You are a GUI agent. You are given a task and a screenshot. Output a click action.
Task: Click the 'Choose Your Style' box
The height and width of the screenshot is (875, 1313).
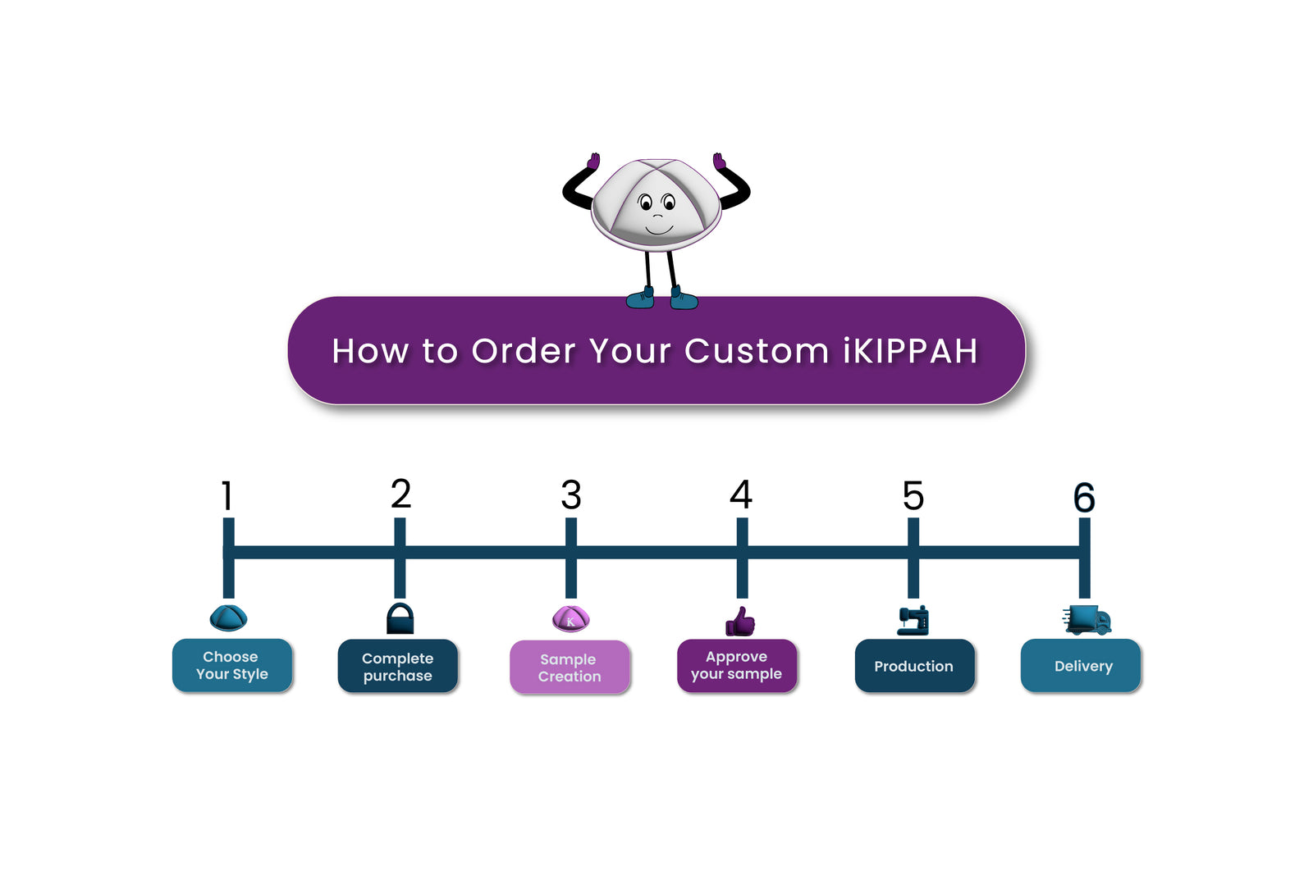point(232,665)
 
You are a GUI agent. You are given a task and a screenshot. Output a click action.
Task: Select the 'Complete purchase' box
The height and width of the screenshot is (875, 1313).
point(398,666)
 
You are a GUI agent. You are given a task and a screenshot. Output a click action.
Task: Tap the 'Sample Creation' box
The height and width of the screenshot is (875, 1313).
point(570,667)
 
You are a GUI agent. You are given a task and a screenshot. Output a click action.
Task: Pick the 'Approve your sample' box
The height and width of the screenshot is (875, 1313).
point(737,665)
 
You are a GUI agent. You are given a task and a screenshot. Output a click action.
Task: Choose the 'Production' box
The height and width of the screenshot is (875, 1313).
point(914,666)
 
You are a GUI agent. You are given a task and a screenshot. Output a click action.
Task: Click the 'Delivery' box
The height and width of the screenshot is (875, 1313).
point(1081,666)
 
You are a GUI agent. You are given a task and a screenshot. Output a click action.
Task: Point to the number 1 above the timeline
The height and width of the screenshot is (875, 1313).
point(227,496)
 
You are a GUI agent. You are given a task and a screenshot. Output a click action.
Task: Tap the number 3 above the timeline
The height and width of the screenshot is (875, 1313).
point(571,495)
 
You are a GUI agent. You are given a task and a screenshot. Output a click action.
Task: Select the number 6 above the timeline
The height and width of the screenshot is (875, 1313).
point(1084,498)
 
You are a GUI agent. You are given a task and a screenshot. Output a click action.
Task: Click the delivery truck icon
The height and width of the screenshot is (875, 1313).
point(1087,620)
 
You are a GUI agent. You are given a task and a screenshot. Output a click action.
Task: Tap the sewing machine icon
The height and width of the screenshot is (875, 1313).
point(913,621)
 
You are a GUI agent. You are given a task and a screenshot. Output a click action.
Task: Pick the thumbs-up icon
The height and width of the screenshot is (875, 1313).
point(740,622)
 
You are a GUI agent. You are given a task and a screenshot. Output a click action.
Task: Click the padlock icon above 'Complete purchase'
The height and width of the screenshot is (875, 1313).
point(400,618)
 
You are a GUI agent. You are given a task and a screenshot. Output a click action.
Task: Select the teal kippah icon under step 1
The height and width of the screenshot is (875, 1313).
point(228,618)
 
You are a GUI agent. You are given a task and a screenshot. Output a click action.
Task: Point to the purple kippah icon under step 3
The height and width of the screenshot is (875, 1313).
point(570,618)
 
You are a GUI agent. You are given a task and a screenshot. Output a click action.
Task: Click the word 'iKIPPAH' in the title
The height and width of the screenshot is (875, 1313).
point(910,351)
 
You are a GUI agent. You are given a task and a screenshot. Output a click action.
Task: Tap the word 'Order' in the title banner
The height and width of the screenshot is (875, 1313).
point(524,351)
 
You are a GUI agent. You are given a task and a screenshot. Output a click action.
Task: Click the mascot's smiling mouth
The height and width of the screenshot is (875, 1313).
point(659,230)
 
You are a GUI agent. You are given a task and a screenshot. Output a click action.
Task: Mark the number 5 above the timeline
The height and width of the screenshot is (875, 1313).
point(913,496)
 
